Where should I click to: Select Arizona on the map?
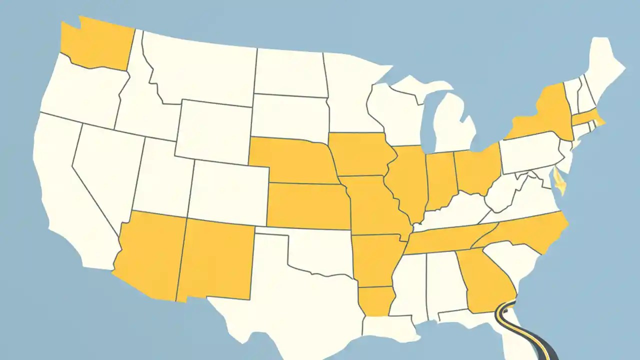[150, 255]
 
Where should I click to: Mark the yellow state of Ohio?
[477, 170]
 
